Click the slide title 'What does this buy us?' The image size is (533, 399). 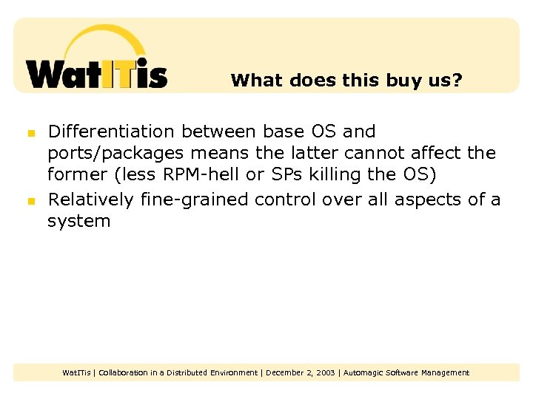(346, 80)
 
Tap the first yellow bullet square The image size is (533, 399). (31, 134)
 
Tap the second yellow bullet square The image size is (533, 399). (31, 201)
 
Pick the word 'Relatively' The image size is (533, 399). (90, 199)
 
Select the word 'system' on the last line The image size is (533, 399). (79, 222)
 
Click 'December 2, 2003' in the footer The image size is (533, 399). (300, 373)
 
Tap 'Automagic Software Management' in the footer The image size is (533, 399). (406, 373)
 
